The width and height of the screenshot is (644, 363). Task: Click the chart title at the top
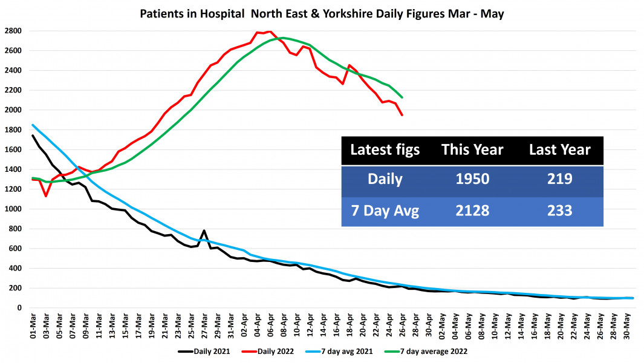[x=322, y=13]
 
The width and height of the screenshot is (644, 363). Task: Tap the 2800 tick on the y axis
[x=13, y=31]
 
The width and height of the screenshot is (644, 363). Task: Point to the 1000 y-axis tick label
[x=13, y=209]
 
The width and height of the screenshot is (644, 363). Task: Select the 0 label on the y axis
[x=19, y=307]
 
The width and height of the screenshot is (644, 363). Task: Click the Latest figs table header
[x=385, y=150]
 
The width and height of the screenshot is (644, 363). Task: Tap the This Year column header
[x=472, y=150]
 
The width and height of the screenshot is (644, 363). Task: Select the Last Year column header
[x=559, y=150]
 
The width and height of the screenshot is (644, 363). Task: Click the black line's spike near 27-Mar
[x=204, y=231]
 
